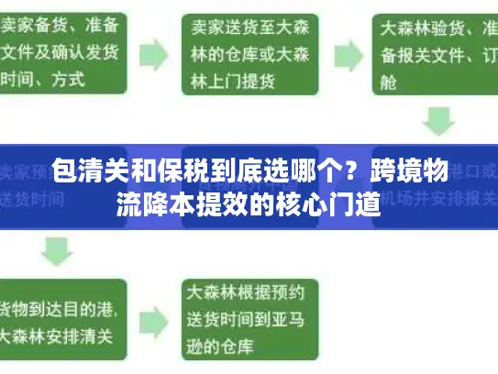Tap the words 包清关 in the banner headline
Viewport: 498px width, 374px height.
point(83,170)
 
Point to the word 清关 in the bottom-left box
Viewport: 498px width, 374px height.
point(96,335)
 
